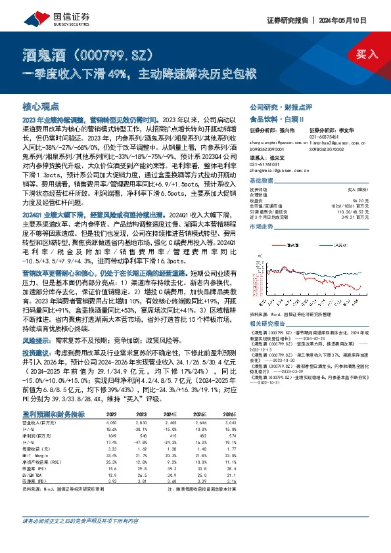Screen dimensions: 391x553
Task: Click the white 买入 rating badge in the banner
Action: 367,55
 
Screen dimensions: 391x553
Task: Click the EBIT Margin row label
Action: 36,454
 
